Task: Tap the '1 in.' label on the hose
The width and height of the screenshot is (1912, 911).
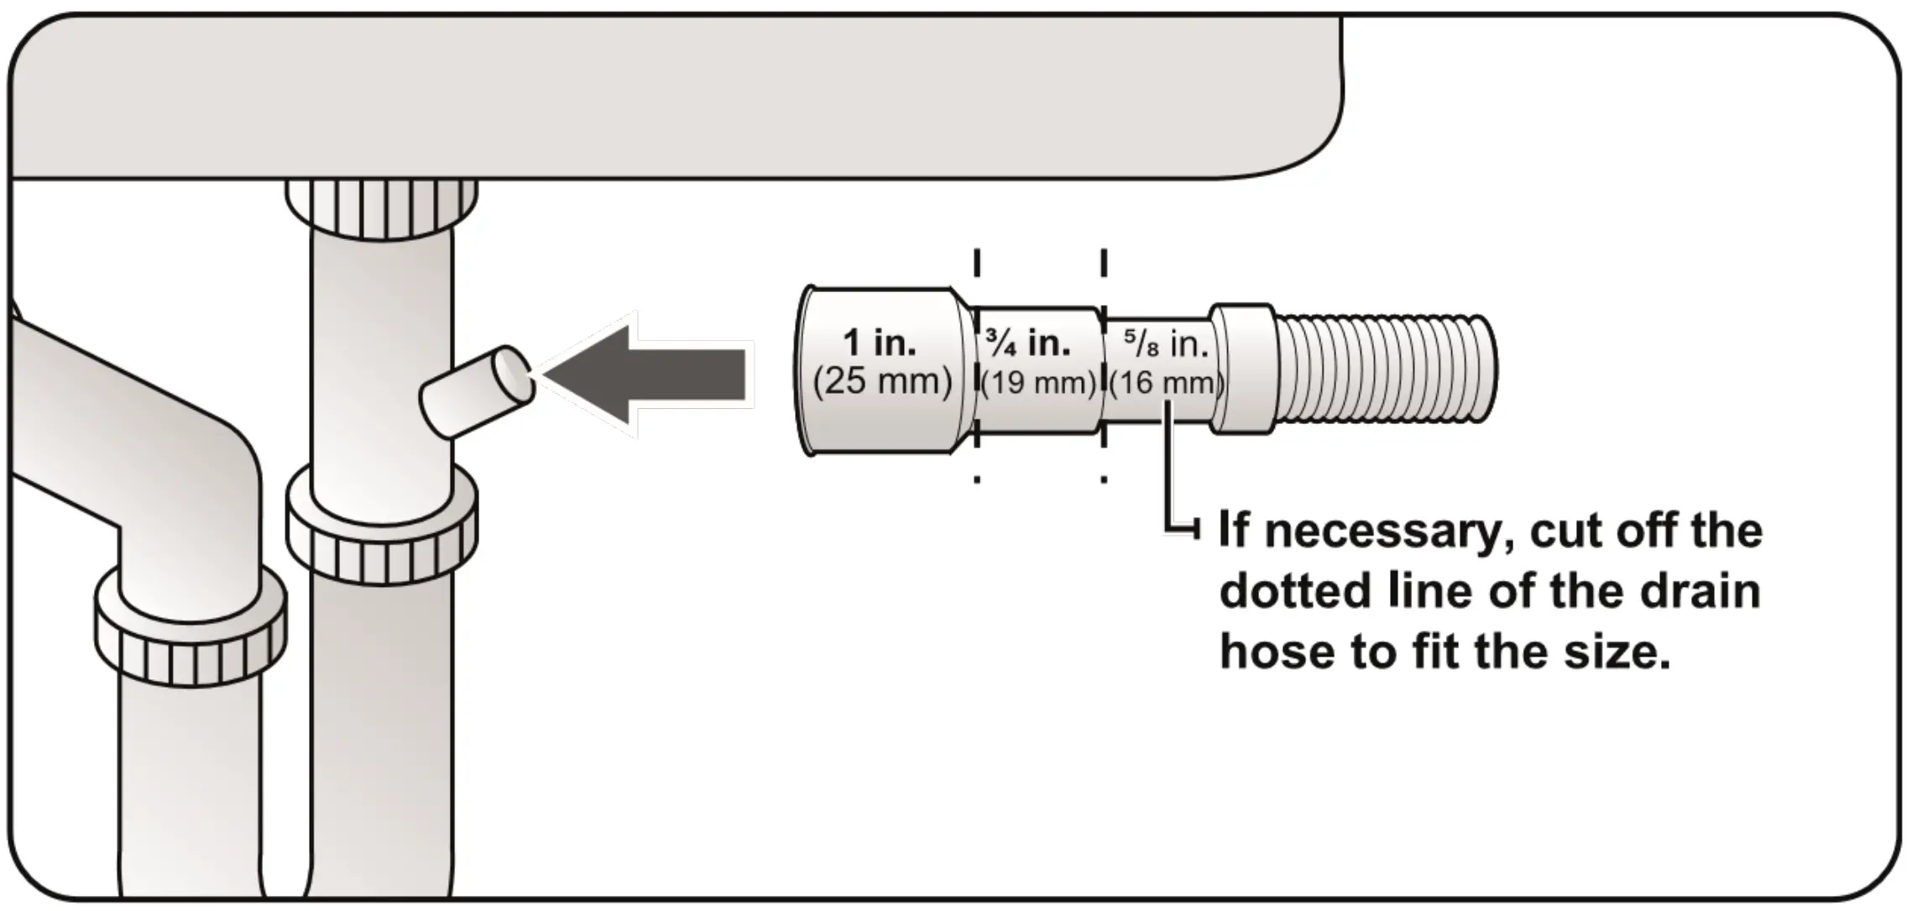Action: [879, 343]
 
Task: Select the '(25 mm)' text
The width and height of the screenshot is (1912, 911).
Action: [882, 382]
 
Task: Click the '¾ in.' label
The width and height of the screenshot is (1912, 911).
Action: [1029, 343]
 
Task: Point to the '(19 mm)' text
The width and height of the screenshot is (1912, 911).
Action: [1039, 384]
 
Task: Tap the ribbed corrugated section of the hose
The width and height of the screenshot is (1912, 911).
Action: [1385, 371]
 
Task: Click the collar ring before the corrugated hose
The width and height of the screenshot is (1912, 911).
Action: [1244, 369]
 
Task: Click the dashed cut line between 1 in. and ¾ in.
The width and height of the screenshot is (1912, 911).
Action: [977, 369]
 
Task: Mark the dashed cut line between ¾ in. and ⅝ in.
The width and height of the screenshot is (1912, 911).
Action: [1103, 369]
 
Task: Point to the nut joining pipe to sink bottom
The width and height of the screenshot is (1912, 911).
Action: [380, 207]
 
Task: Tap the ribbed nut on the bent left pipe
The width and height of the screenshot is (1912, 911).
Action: [190, 626]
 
